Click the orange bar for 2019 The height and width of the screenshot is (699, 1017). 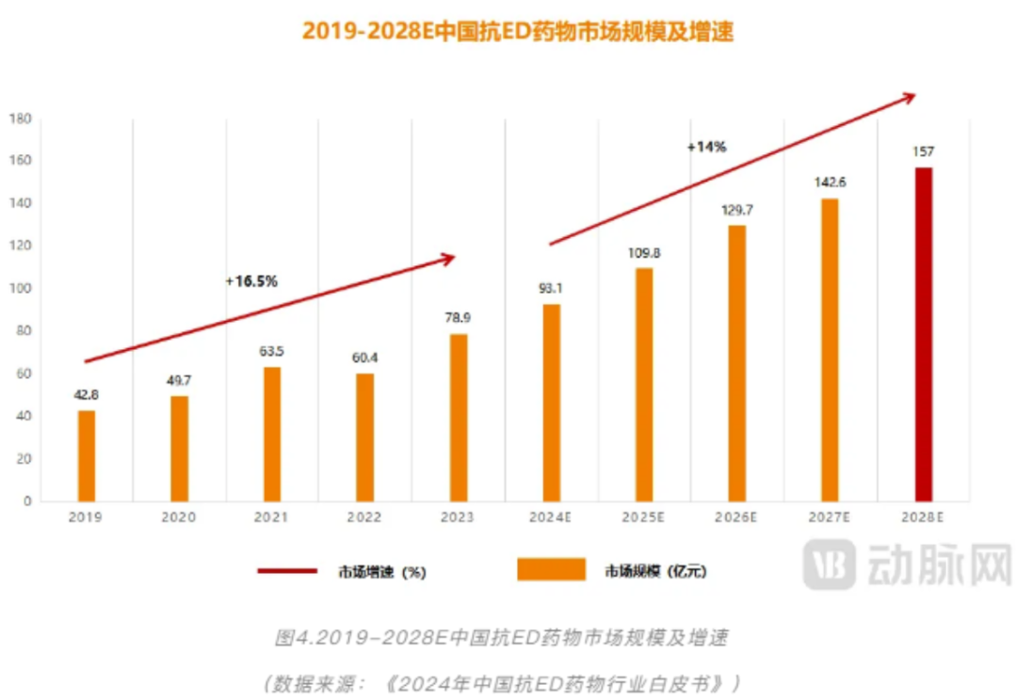[87, 455]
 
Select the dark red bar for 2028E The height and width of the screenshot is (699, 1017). [924, 334]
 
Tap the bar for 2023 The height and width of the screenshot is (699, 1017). [459, 418]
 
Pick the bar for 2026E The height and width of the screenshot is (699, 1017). [737, 363]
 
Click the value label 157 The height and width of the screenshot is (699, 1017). [924, 151]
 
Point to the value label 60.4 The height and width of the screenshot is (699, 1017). [365, 357]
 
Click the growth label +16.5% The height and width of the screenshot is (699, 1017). [251, 280]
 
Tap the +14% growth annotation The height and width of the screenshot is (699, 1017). [706, 147]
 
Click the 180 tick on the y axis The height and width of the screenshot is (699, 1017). [21, 119]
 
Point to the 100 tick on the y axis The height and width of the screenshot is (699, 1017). [21, 289]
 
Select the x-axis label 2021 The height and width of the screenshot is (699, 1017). [272, 518]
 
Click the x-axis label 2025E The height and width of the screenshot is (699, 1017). [644, 518]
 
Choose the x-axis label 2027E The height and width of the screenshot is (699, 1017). [830, 518]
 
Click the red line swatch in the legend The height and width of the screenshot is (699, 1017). [287, 570]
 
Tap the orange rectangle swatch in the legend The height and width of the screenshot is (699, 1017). [551, 569]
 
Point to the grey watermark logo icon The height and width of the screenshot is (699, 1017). [830, 565]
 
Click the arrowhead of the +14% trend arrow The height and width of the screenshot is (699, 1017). [909, 95]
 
